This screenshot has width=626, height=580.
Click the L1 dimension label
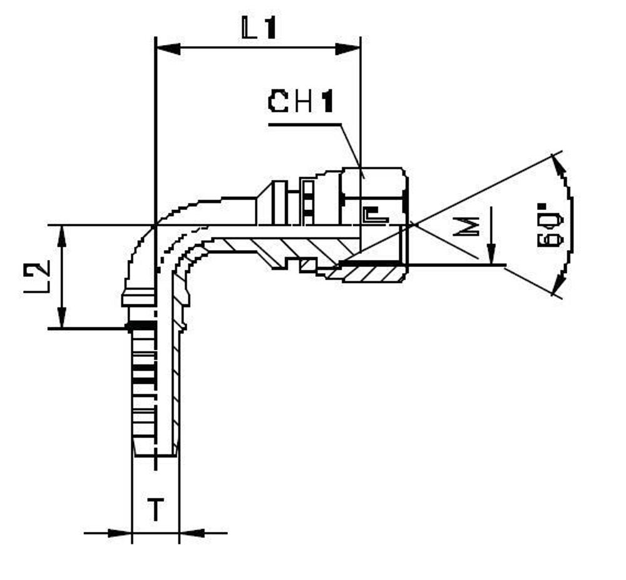click(x=258, y=28)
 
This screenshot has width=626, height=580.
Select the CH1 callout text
click(x=300, y=102)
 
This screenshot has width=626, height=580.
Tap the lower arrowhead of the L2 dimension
click(x=61, y=316)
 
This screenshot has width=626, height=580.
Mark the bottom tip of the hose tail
click(x=156, y=455)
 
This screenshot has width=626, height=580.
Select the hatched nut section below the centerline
click(x=372, y=272)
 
